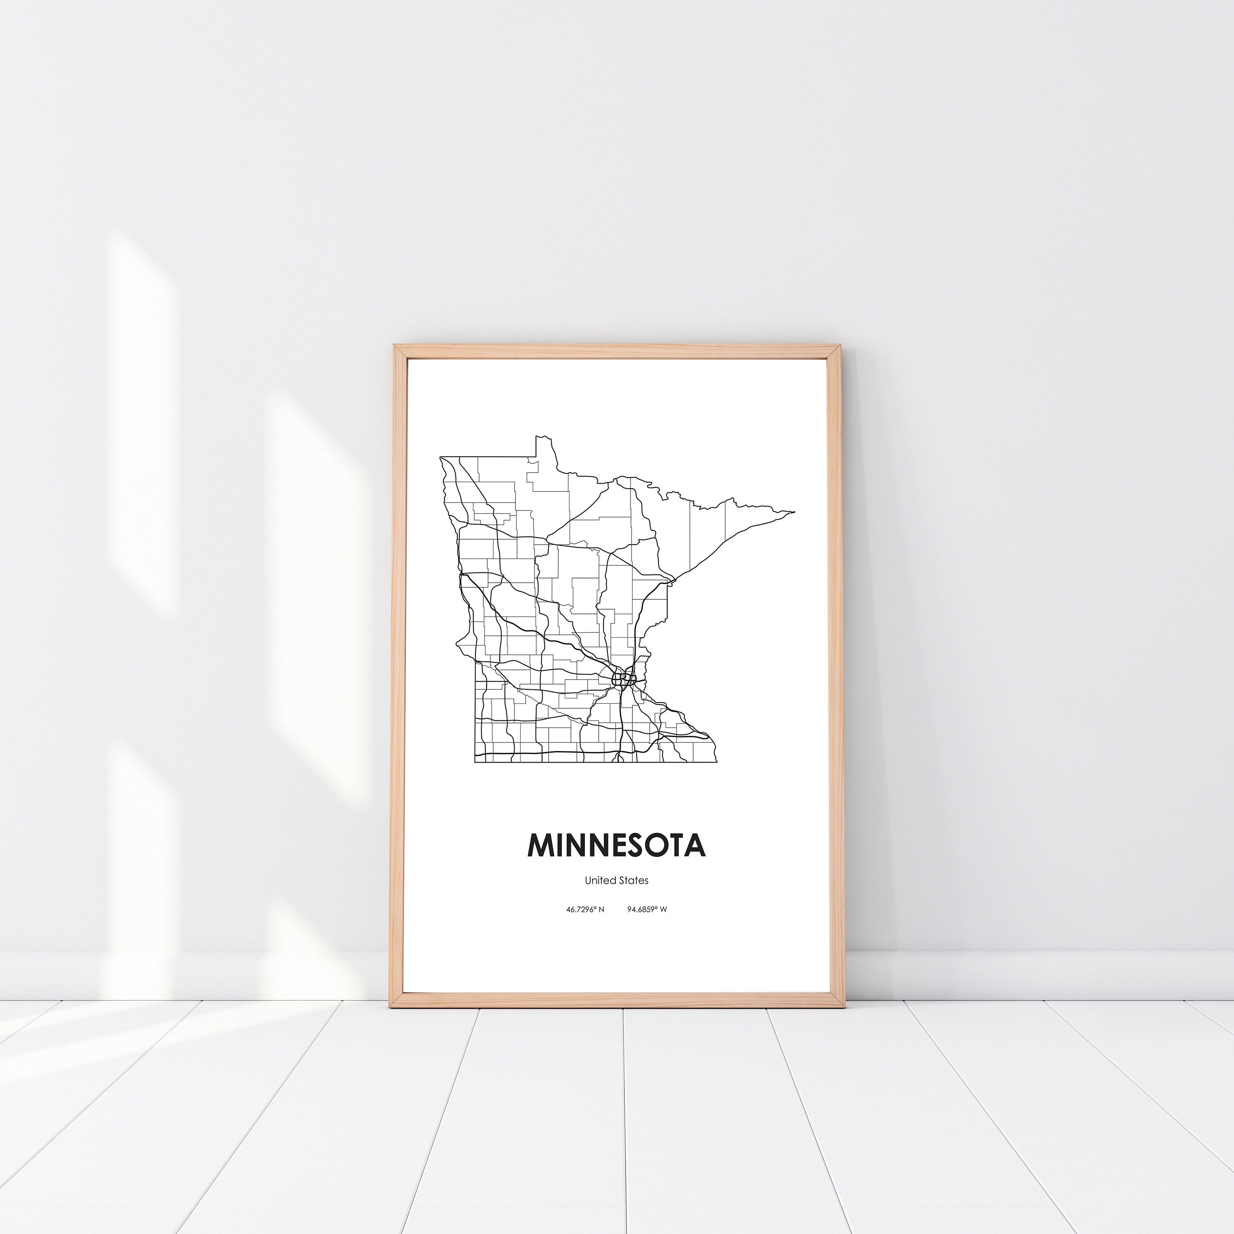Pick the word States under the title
pyautogui.click(x=633, y=880)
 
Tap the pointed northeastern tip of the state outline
pyautogui.click(x=794, y=512)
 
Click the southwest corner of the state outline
pyautogui.click(x=475, y=762)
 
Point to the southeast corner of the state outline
pyautogui.click(x=716, y=762)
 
